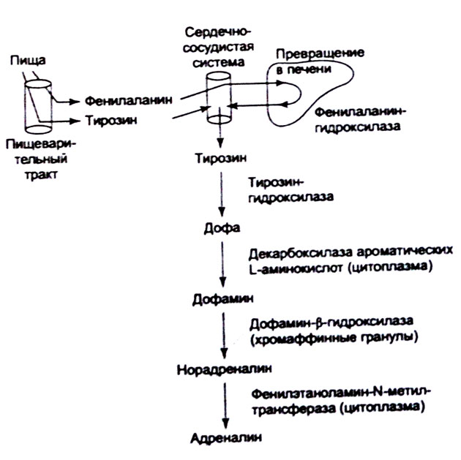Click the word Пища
pos(28,61)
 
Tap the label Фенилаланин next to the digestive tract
pos(129,100)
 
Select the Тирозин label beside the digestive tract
pos(111,121)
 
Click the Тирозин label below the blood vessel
pos(221,159)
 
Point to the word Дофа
pos(222,228)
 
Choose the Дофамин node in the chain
pos(222,299)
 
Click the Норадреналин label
pos(224,369)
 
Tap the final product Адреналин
pos(226,438)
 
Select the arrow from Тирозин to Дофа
pos(222,195)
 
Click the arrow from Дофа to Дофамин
pos(222,264)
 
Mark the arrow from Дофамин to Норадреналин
pos(224,335)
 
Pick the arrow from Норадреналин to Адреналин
pos(225,405)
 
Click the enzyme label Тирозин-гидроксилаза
pos(291,189)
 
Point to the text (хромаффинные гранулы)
pos(334,338)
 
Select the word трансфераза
pos(293,409)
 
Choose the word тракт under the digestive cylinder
pos(40,175)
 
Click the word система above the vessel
pos(219,63)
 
